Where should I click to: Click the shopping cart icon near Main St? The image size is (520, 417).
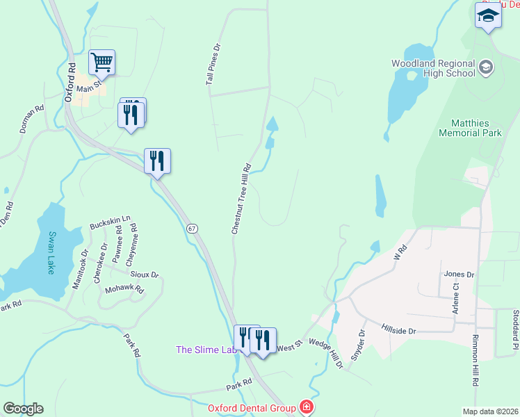point(101,63)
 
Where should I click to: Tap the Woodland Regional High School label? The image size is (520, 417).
point(433,68)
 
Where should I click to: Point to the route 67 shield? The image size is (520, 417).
point(193,228)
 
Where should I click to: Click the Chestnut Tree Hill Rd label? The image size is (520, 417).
point(241,199)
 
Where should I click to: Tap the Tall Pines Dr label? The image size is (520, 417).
point(213,65)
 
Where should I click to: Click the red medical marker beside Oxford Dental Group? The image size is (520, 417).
point(305,407)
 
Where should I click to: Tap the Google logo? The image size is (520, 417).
point(23,409)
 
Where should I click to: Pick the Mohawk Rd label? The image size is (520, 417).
point(124,289)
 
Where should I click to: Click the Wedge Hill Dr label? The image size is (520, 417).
point(325,353)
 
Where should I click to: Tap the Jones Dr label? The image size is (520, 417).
point(459,275)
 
